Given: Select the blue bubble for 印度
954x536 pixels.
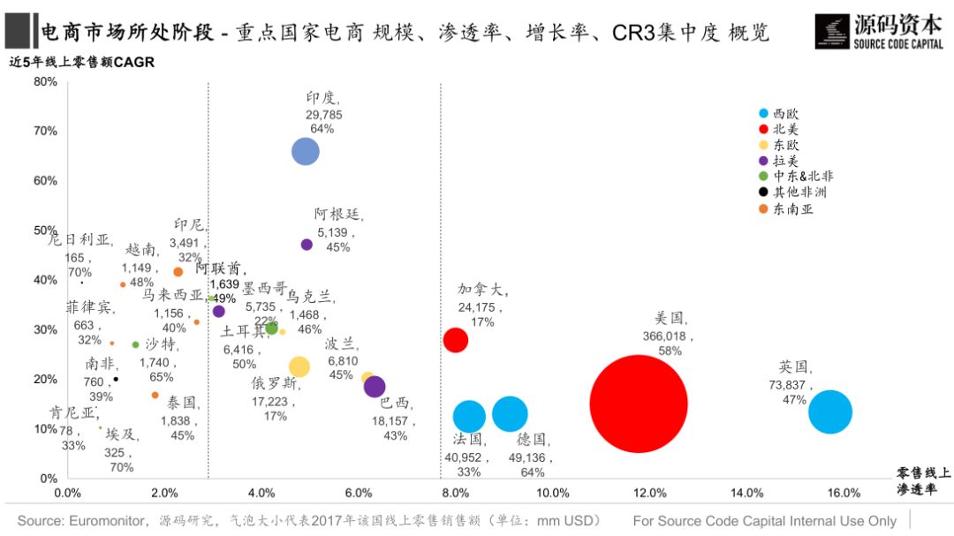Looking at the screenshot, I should (305, 152).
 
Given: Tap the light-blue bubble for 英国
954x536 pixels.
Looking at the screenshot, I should (829, 411).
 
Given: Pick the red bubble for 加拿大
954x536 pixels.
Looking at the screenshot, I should (455, 339).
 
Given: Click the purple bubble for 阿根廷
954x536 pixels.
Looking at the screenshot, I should (307, 245).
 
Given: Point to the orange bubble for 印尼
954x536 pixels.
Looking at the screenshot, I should (178, 272).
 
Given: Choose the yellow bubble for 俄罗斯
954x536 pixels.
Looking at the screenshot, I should (299, 366).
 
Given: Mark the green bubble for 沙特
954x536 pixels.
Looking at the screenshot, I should (135, 344).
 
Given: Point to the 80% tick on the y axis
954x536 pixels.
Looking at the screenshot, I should (45, 82).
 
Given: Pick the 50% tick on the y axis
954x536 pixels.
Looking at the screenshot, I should (45, 230).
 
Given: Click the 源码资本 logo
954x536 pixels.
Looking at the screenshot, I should (878, 31).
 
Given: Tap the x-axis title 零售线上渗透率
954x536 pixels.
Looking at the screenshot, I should (922, 482).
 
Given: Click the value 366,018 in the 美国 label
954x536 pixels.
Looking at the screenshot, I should (669, 336).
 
